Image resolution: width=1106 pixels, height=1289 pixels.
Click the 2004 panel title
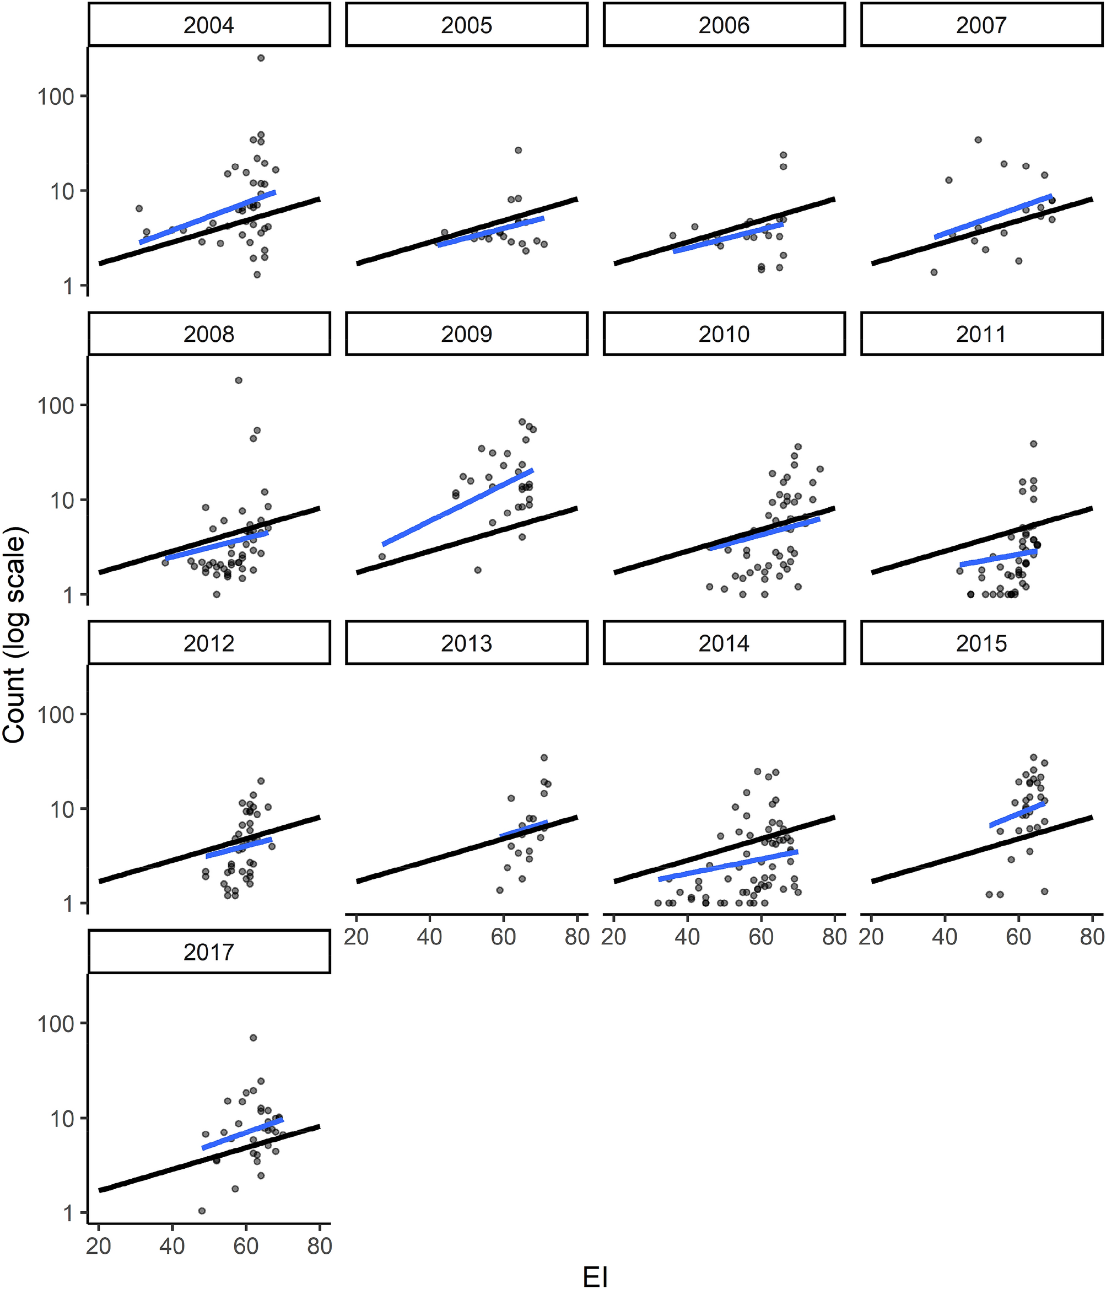pos(209,25)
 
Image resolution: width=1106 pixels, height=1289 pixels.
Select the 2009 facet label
pos(466,334)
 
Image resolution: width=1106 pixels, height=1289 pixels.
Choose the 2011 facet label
pos(981,334)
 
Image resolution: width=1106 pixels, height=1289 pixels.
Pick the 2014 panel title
pos(724,643)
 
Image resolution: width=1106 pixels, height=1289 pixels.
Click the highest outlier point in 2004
pos(261,58)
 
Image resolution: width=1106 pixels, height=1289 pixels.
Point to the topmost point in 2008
pos(238,380)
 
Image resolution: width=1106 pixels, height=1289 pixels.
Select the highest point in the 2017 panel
pos(253,1038)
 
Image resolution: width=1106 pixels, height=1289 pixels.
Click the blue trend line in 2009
pos(457,507)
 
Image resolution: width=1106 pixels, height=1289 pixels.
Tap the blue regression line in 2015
pos(1017,814)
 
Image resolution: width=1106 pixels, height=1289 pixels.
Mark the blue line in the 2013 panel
pos(524,829)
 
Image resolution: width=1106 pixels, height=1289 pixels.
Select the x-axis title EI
pos(595,1276)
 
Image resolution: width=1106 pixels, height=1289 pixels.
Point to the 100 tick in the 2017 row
pos(56,1023)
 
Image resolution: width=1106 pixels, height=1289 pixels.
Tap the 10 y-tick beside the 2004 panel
pos(62,191)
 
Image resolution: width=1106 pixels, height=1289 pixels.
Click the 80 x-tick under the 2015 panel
pos(1092,937)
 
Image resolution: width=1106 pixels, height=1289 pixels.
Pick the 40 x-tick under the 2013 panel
pos(430,937)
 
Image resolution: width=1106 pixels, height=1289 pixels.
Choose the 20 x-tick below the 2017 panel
pos(98,1246)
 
